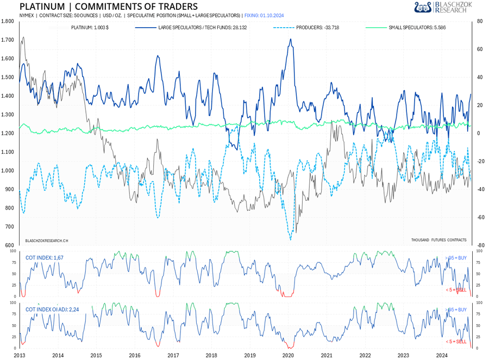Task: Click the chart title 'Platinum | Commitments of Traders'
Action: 109,7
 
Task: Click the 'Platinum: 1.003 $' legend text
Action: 90,27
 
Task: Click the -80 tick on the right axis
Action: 480,245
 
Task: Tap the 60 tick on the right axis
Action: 480,49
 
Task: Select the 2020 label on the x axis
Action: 288,356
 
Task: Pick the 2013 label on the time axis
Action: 20,356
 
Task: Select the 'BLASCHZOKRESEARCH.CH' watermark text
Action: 47,239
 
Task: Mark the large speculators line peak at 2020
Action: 291,39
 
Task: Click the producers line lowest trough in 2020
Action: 290,239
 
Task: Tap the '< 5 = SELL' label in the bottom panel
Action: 456,342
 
